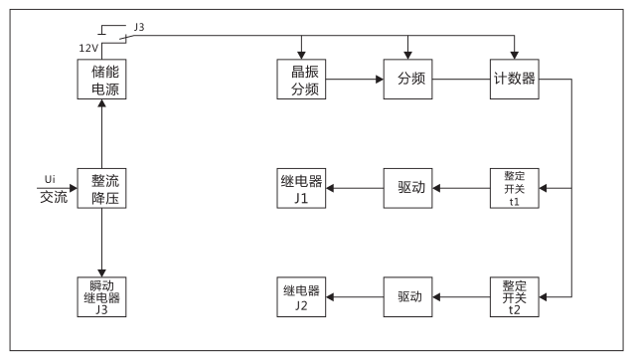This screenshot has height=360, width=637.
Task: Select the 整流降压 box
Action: click(x=102, y=188)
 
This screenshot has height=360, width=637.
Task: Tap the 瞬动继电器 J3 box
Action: click(x=102, y=297)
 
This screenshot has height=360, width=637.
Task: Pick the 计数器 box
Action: click(x=515, y=79)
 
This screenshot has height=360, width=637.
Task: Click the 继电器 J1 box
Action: click(x=301, y=188)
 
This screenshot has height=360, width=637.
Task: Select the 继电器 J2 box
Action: click(x=301, y=297)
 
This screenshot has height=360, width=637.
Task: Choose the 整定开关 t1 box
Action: click(x=515, y=188)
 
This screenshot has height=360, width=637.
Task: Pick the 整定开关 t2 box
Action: click(x=515, y=297)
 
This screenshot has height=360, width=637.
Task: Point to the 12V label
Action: click(x=88, y=48)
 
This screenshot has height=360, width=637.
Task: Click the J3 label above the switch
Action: click(x=138, y=28)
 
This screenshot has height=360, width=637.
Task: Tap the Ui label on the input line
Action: click(x=50, y=179)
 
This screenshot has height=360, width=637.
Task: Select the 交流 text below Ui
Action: click(x=54, y=197)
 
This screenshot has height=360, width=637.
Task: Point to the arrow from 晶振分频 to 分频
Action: click(x=356, y=79)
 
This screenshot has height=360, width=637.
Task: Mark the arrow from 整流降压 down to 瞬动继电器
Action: click(x=102, y=243)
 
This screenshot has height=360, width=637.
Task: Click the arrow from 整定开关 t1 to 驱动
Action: click(x=463, y=188)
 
